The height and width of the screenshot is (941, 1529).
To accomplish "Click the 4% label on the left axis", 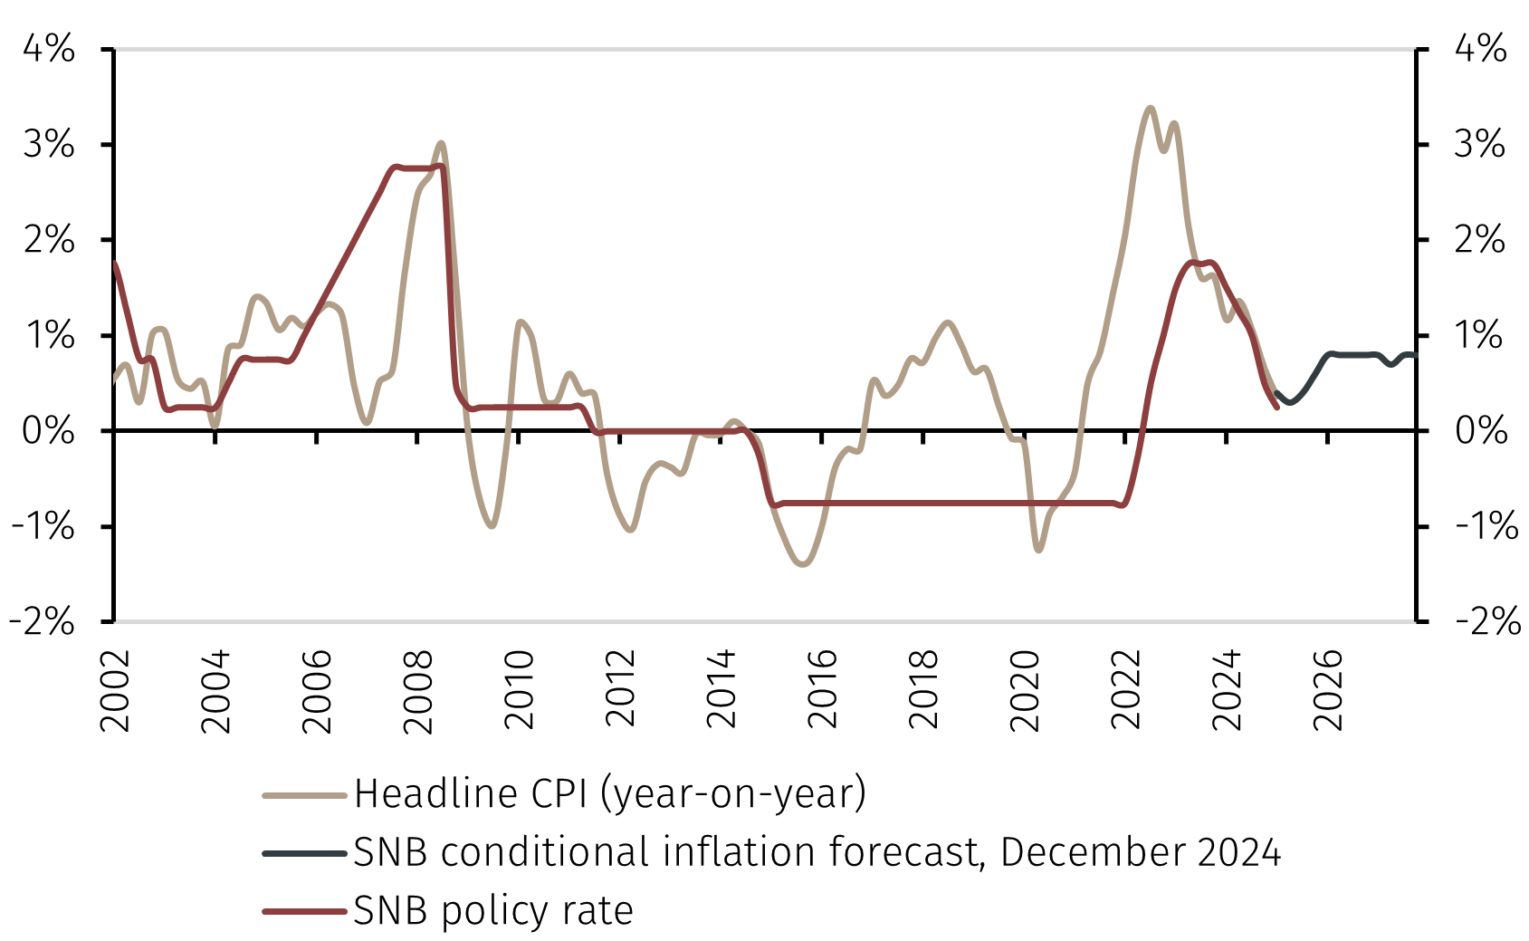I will pyautogui.click(x=48, y=48).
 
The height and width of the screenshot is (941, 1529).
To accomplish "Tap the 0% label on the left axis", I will pyautogui.click(x=48, y=430).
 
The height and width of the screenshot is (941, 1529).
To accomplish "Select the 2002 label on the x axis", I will pyautogui.click(x=115, y=690).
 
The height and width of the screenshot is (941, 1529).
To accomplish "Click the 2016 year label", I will pyautogui.click(x=822, y=690).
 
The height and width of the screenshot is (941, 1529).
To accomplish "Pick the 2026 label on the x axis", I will pyautogui.click(x=1327, y=690).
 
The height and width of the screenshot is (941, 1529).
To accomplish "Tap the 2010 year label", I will pyautogui.click(x=519, y=690).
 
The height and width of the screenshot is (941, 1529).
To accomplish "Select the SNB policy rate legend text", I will pyautogui.click(x=492, y=910).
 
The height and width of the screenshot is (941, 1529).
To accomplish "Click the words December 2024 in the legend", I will pyautogui.click(x=1141, y=852).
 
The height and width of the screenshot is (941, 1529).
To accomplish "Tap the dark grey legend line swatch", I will pyautogui.click(x=304, y=853).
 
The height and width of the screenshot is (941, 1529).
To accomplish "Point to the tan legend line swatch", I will pyautogui.click(x=304, y=795).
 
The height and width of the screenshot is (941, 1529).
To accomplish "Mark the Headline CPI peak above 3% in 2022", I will pyautogui.click(x=1150, y=108).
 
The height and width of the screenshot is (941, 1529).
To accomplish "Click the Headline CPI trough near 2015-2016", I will pyautogui.click(x=803, y=565).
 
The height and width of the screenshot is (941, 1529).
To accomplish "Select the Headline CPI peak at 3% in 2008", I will pyautogui.click(x=441, y=143).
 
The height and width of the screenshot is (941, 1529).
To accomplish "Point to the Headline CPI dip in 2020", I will pyautogui.click(x=1038, y=550).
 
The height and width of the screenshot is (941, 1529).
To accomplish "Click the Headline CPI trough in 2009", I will pyautogui.click(x=492, y=526).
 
